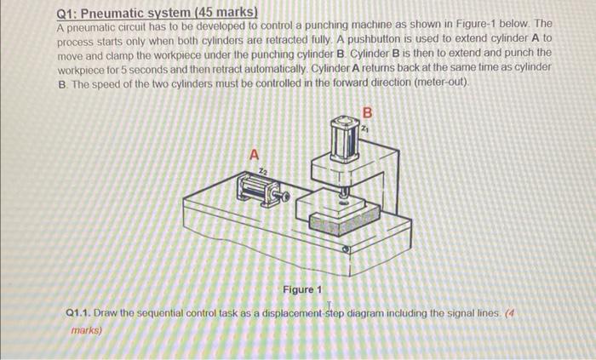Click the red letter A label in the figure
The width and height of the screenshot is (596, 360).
tap(253, 154)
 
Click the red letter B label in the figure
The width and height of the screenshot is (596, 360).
tap(368, 112)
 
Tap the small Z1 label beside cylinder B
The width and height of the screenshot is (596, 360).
tap(365, 129)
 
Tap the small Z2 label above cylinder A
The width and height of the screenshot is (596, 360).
tap(251, 169)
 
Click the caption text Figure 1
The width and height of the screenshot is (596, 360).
tap(302, 290)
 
